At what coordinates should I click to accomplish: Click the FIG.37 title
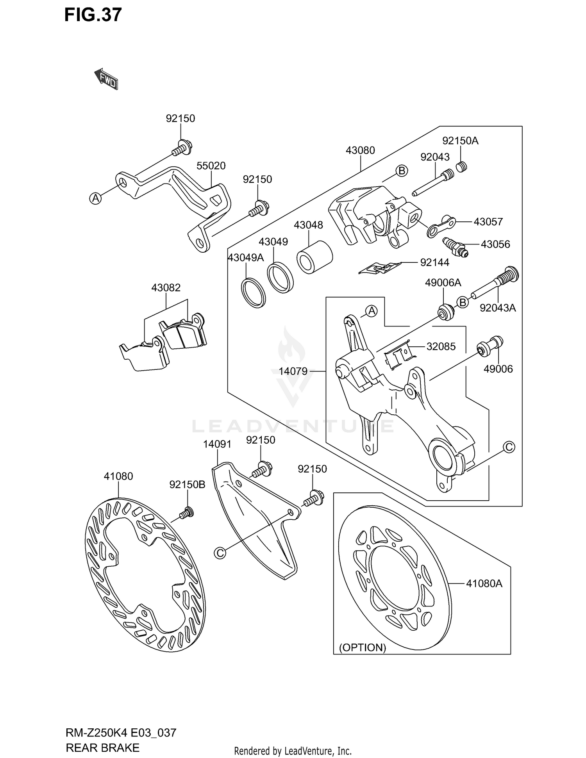click(93, 15)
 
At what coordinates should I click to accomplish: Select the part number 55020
click(211, 166)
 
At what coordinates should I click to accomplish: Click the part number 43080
click(360, 150)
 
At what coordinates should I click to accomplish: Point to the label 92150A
click(460, 141)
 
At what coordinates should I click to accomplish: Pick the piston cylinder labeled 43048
click(314, 258)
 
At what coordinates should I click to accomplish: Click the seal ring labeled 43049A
click(253, 292)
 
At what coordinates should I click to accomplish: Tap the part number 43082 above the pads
click(166, 288)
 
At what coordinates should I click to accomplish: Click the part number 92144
click(434, 262)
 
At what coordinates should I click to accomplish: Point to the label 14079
click(293, 371)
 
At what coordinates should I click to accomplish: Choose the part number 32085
click(441, 346)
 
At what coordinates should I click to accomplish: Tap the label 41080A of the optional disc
click(484, 583)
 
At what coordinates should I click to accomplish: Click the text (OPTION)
click(362, 647)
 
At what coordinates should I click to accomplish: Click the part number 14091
click(217, 444)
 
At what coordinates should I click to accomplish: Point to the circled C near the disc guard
click(220, 553)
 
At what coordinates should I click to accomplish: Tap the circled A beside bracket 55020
click(95, 198)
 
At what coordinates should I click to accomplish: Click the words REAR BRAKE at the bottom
click(103, 747)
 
